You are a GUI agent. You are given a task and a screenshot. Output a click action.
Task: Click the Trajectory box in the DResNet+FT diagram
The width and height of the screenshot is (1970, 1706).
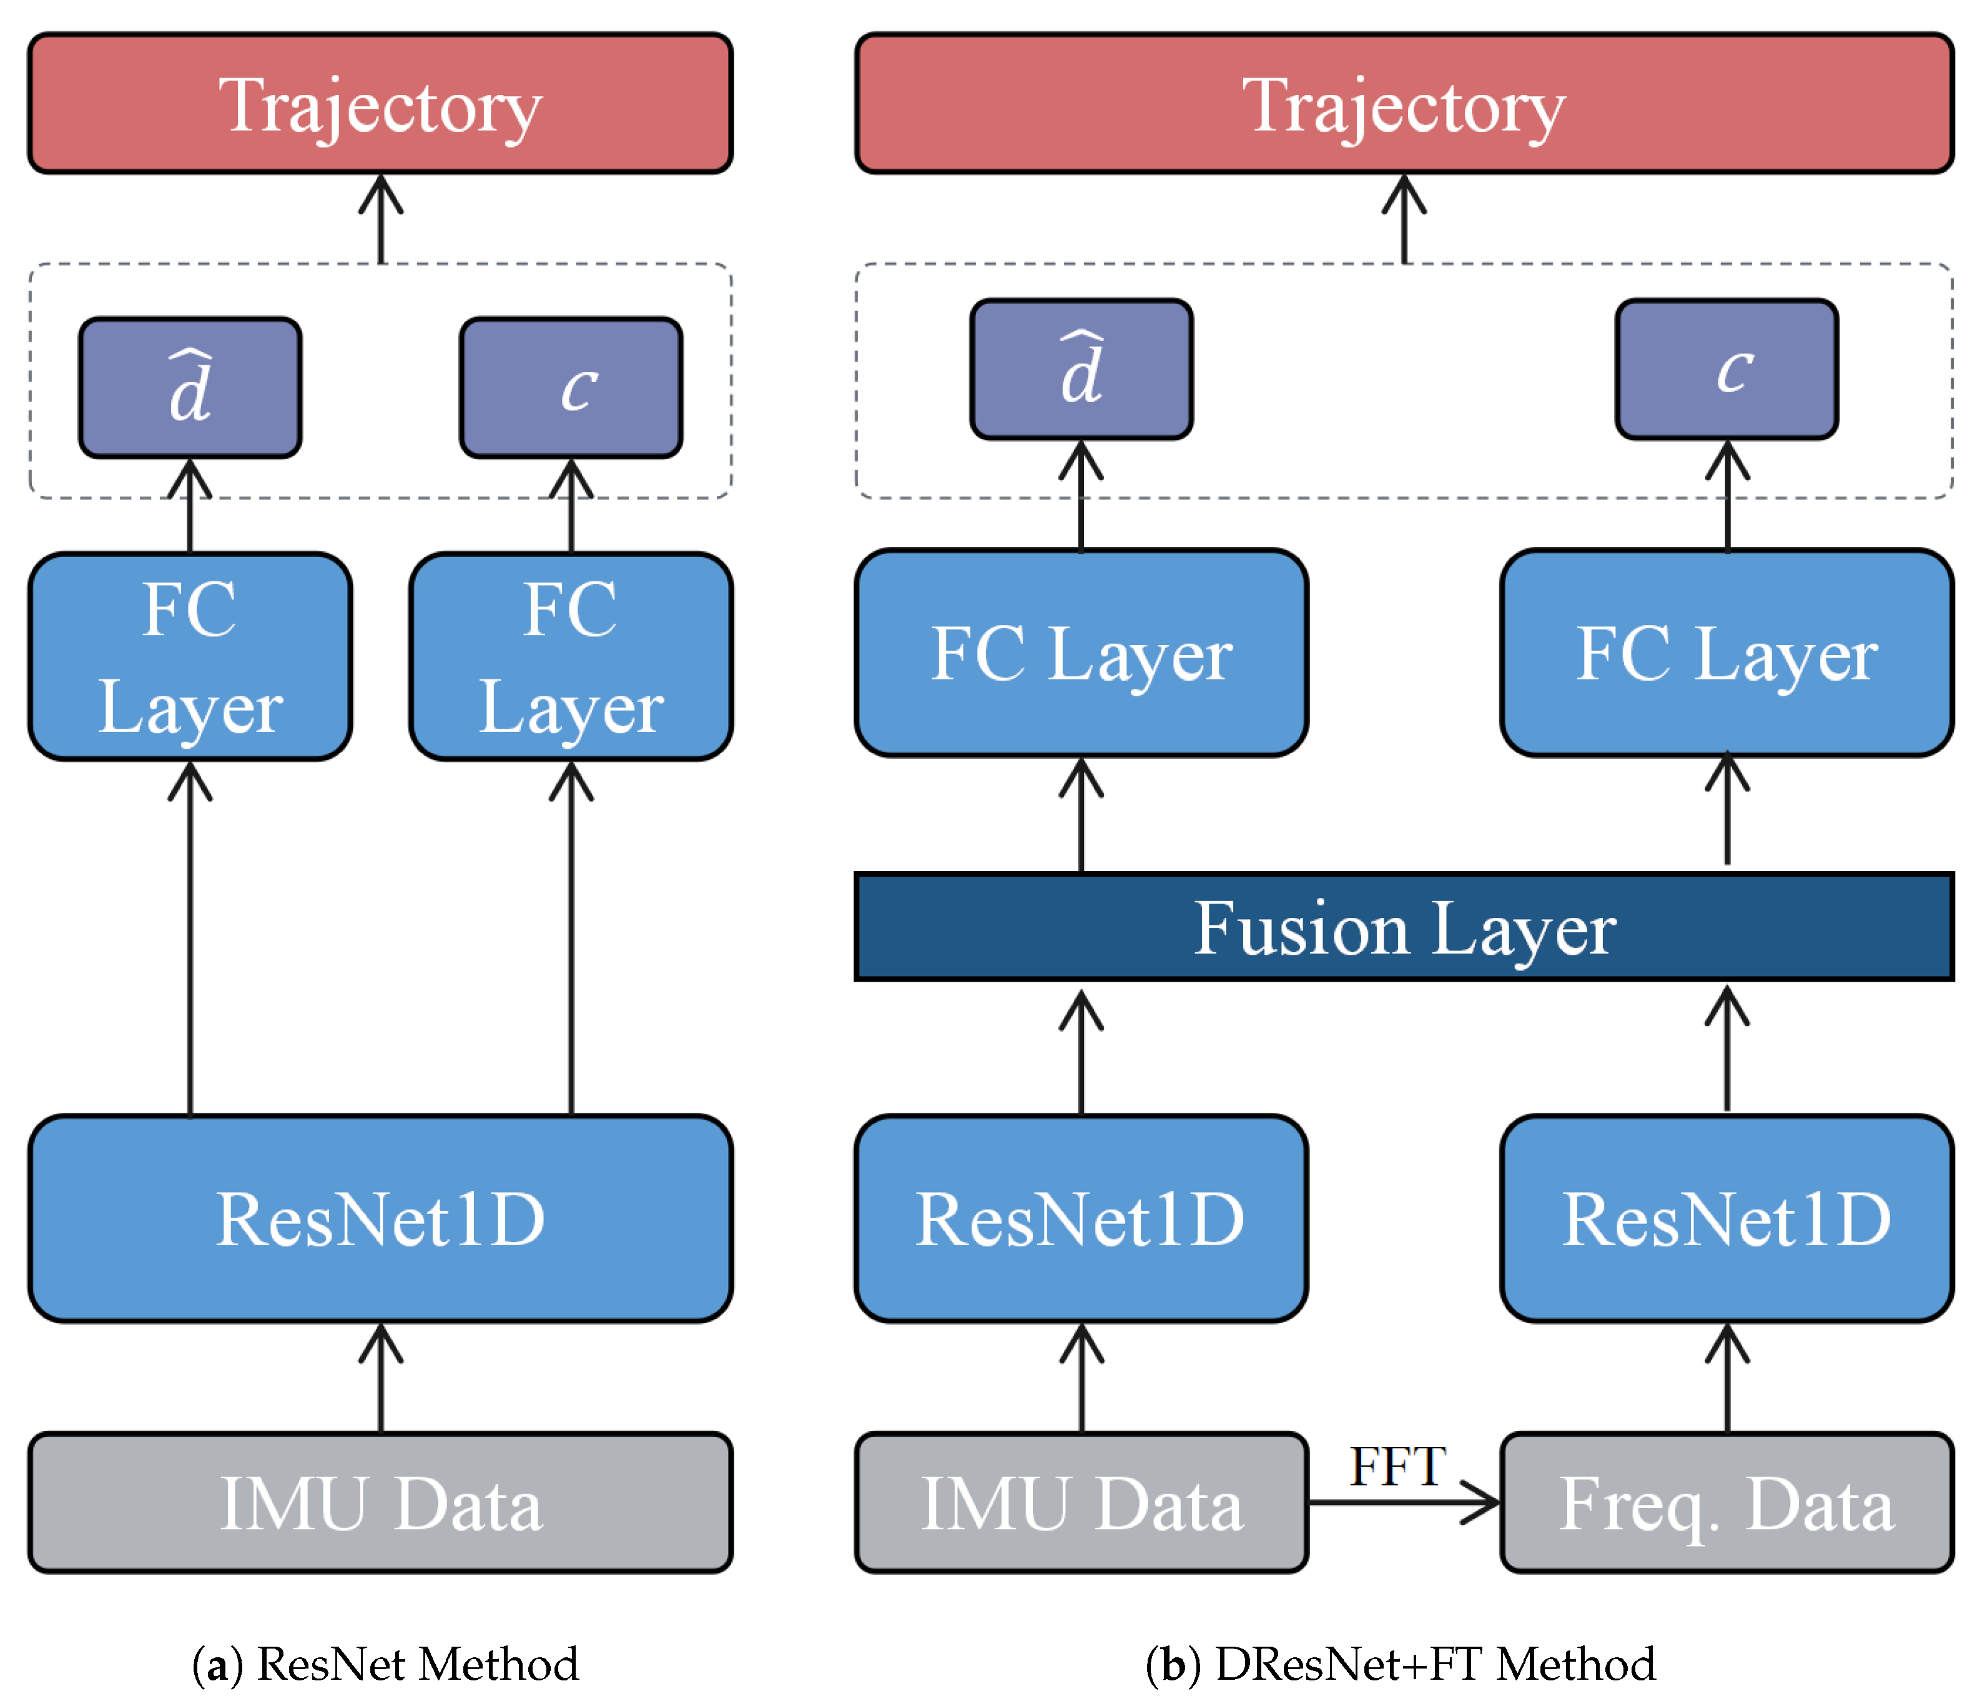tap(1404, 104)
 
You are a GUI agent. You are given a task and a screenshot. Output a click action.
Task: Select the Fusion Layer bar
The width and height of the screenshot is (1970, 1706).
tap(1404, 926)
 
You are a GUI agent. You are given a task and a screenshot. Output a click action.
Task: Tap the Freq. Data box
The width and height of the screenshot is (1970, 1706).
tap(1725, 1503)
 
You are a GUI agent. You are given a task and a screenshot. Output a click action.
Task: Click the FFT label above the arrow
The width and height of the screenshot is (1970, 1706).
tap(1397, 1466)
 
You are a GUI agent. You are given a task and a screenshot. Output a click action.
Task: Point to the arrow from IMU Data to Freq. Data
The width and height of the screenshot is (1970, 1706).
tap(1404, 1503)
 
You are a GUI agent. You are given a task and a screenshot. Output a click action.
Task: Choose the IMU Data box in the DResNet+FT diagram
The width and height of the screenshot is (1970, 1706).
tap(1081, 1503)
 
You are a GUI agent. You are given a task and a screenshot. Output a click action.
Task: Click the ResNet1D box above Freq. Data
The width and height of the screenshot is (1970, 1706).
tap(1725, 1218)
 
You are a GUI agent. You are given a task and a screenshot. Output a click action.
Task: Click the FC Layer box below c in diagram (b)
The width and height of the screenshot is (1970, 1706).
tap(1725, 653)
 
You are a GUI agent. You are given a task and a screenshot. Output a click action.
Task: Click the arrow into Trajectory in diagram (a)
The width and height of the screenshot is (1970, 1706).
tap(381, 219)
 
